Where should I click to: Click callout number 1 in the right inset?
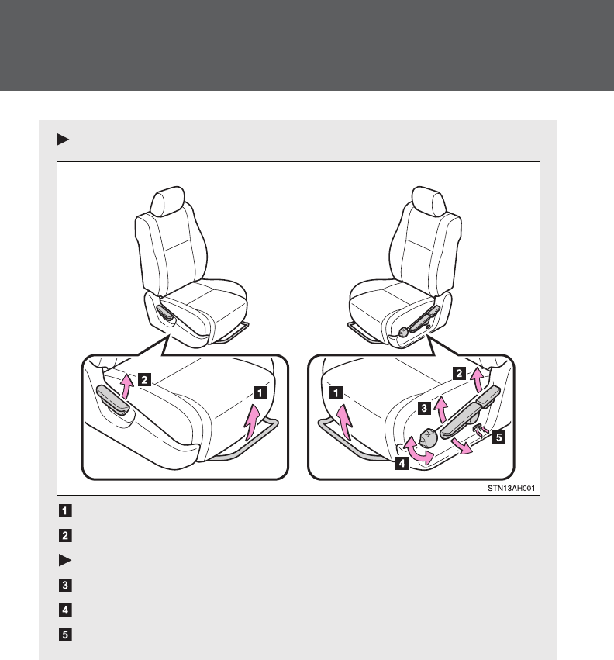pos(336,392)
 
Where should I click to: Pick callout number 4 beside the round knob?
pos(400,466)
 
